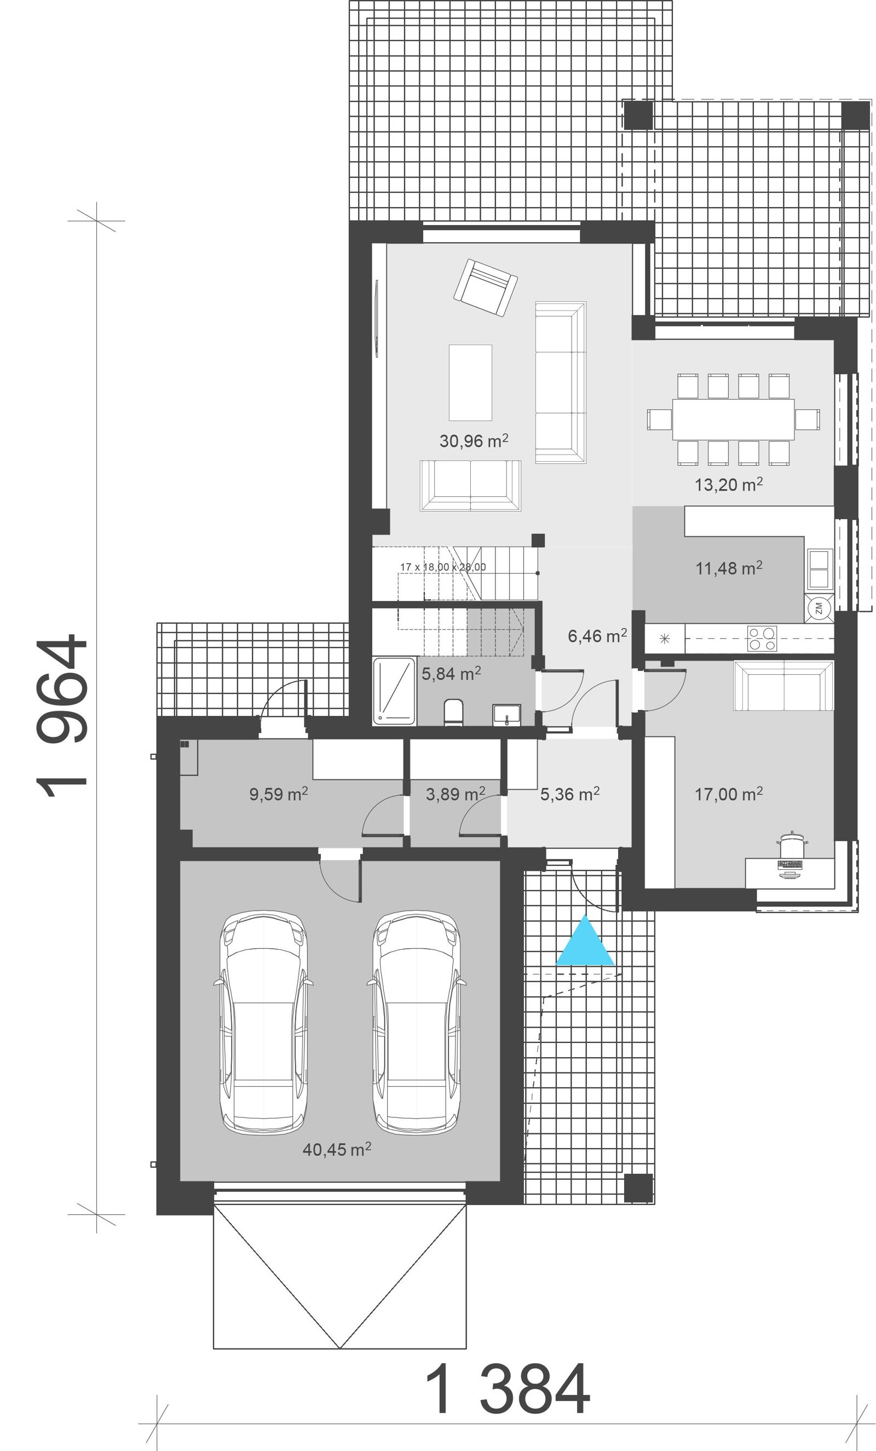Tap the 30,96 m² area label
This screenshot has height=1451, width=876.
[474, 440]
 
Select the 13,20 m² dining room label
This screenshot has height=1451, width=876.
[728, 485]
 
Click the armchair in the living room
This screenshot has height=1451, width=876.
[486, 288]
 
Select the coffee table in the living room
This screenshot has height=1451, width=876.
[470, 383]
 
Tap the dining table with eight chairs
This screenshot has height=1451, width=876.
[733, 419]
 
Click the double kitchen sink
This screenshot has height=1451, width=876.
[819, 569]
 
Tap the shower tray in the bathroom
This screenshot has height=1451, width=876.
[394, 691]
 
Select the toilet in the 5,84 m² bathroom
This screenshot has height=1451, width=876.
[453, 712]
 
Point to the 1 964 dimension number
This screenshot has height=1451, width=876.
[62, 715]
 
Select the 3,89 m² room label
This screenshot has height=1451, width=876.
[455, 794]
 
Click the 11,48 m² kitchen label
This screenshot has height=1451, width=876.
[728, 568]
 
